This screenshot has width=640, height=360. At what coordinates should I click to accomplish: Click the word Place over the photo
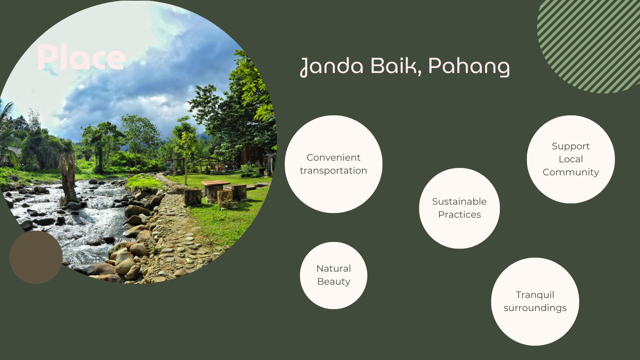point(81,58)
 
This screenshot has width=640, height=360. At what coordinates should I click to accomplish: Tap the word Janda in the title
point(332,66)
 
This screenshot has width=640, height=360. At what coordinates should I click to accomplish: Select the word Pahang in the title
point(469,66)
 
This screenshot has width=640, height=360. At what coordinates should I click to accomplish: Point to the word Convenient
point(333,157)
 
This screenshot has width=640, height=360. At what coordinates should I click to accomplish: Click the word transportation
point(333,171)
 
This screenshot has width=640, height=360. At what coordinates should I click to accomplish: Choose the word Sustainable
point(459,201)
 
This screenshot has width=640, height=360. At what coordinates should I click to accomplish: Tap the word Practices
point(459,214)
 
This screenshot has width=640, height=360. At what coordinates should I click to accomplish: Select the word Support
point(571,147)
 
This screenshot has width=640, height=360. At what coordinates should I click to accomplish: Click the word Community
point(571,173)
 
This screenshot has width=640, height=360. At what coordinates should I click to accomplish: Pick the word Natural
point(334,268)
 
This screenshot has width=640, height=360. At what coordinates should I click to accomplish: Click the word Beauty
point(334,282)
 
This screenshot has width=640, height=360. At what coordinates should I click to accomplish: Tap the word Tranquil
point(535,295)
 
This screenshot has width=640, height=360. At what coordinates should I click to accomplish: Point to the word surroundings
point(535,308)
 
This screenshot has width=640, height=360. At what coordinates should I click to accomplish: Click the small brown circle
point(36,257)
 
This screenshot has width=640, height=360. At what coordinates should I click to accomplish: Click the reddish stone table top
point(215,183)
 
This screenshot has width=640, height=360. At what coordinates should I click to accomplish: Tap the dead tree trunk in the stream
point(68,177)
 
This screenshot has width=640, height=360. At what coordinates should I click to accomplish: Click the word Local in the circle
point(571,159)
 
